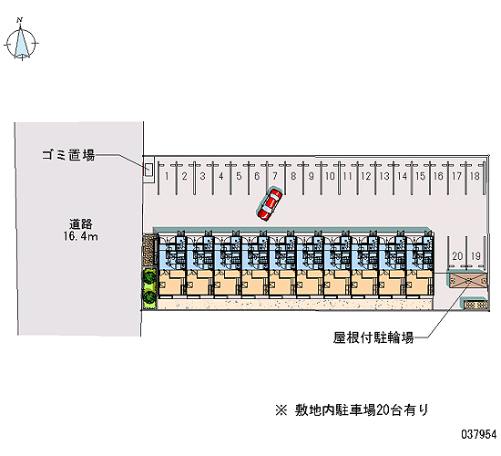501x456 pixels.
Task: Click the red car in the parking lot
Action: tap(270, 204)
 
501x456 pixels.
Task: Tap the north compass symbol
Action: tap(21, 40)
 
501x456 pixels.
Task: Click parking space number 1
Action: tap(167, 176)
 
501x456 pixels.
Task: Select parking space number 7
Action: tap(275, 176)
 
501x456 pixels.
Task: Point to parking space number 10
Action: tap(330, 176)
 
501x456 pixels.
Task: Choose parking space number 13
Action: tap(384, 176)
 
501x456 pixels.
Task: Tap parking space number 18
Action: tap(475, 176)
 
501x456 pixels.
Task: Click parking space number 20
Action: tap(457, 256)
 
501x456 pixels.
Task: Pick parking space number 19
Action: tap(475, 256)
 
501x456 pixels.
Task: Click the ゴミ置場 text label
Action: tap(68, 155)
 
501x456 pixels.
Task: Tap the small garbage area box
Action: tap(148, 170)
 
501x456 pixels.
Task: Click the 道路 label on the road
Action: tap(81, 223)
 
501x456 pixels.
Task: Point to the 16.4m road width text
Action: tap(80, 236)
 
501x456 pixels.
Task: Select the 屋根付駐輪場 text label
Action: tap(373, 337)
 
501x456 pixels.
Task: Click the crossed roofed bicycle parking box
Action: tap(467, 280)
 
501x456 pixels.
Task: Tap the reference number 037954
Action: tap(479, 434)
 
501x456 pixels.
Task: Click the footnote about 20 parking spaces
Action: tap(352, 409)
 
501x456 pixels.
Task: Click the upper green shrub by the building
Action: tap(149, 278)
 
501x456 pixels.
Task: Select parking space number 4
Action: tap(220, 176)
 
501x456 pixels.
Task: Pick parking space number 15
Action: tap(421, 176)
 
